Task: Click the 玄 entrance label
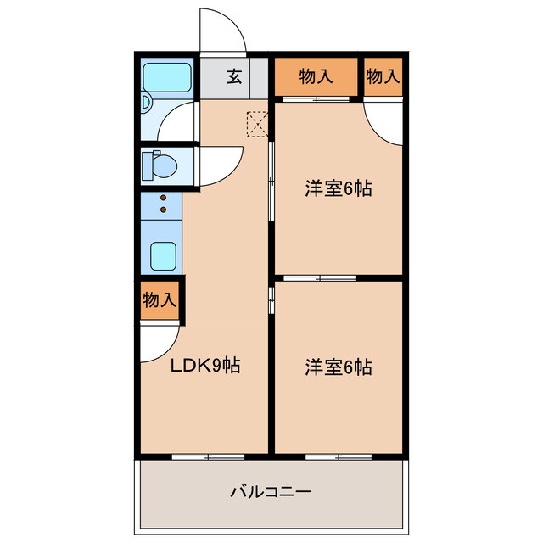[x=234, y=76]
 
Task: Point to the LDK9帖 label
[x=205, y=366]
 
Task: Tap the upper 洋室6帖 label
[x=338, y=188]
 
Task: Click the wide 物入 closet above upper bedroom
[x=316, y=77]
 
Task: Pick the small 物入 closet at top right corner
[x=383, y=77]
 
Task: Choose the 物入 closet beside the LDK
[x=160, y=299]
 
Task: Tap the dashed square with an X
[x=256, y=124]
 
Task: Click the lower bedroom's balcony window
[x=338, y=456]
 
